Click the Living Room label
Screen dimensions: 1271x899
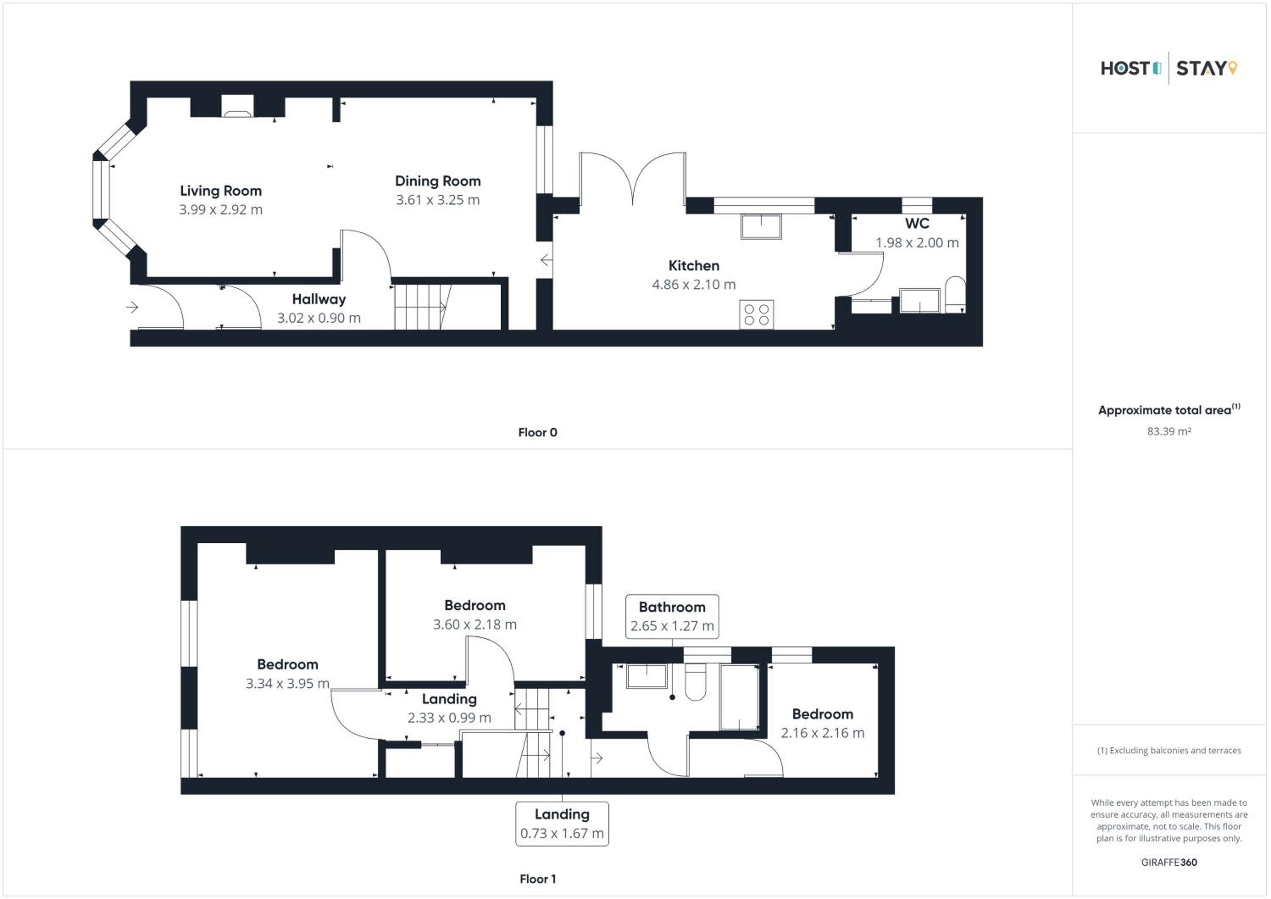tap(221, 191)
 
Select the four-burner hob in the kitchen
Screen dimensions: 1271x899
tap(756, 314)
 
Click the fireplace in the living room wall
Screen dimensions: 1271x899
tap(238, 107)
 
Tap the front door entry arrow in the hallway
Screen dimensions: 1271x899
tap(132, 307)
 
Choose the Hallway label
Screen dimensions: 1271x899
tap(319, 300)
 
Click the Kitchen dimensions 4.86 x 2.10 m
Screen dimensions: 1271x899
tap(694, 285)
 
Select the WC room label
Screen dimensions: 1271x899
tap(917, 224)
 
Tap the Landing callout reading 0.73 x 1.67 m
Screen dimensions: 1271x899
tap(562, 824)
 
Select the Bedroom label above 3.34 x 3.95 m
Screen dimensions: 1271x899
tap(288, 664)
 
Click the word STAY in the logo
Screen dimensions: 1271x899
tap(1201, 69)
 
